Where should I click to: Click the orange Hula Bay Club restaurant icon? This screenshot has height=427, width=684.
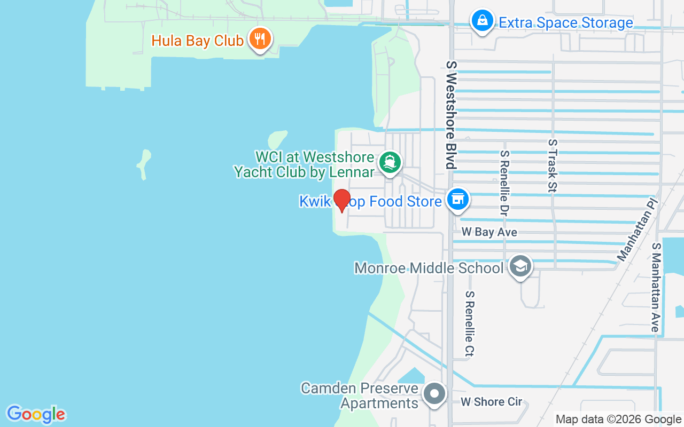(260, 39)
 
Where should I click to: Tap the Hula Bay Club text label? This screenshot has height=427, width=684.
(197, 41)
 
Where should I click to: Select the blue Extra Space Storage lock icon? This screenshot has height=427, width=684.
(483, 21)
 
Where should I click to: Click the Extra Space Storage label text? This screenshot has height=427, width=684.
(565, 23)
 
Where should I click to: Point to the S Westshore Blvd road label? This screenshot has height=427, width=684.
(452, 114)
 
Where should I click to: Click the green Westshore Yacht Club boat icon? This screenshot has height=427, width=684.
(390, 162)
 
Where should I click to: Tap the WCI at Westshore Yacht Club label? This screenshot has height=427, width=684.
(305, 164)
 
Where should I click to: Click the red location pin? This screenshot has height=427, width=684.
(341, 200)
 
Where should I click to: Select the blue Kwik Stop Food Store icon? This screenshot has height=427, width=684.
(457, 200)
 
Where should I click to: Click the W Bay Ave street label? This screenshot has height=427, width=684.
(489, 232)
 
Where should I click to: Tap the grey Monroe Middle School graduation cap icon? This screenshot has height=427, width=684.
(519, 265)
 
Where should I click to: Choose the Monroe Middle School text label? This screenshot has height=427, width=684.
(429, 268)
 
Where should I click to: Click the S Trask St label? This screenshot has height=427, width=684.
(553, 165)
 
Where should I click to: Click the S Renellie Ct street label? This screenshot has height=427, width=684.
(470, 323)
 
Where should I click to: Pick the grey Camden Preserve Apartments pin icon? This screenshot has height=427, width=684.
(434, 394)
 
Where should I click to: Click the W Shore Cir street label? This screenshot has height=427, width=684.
(491, 402)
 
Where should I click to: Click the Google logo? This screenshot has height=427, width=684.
(36, 414)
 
